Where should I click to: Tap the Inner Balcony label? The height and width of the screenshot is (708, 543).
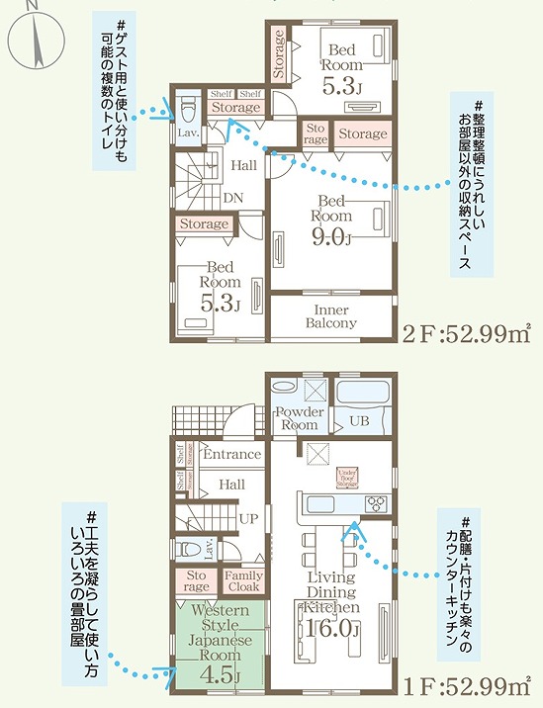pyautogui.click(x=330, y=314)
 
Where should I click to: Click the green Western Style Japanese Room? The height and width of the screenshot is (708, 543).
pyautogui.click(x=219, y=643)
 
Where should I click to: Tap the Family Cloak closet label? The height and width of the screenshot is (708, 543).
pyautogui.click(x=242, y=581)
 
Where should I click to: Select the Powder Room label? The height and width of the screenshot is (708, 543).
pyautogui.click(x=300, y=417)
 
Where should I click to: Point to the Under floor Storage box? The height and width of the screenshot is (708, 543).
pyautogui.click(x=346, y=477)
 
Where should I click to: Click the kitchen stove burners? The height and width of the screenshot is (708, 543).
pyautogui.click(x=377, y=502)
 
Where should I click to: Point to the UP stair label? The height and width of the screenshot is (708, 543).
pyautogui.click(x=249, y=517)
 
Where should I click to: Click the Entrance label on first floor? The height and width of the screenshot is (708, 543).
pyautogui.click(x=231, y=455)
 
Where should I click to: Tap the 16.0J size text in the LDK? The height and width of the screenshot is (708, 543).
pyautogui.click(x=331, y=628)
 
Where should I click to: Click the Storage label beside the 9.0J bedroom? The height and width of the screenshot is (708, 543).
pyautogui.click(x=363, y=133)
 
